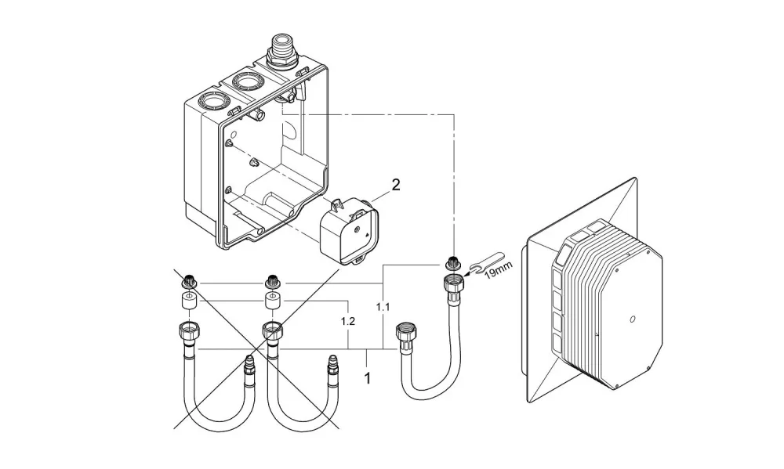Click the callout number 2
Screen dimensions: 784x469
[396, 186]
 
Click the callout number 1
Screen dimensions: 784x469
[368, 378]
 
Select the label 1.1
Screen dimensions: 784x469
[383, 307]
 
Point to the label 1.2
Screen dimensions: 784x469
[348, 321]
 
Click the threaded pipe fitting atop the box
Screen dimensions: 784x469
[282, 50]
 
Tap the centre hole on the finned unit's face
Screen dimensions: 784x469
[633, 318]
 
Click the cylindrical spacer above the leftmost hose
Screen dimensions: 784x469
[188, 301]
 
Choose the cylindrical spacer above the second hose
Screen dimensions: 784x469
[273, 301]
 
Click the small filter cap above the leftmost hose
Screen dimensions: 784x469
[189, 282]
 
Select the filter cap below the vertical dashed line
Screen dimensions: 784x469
[452, 263]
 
